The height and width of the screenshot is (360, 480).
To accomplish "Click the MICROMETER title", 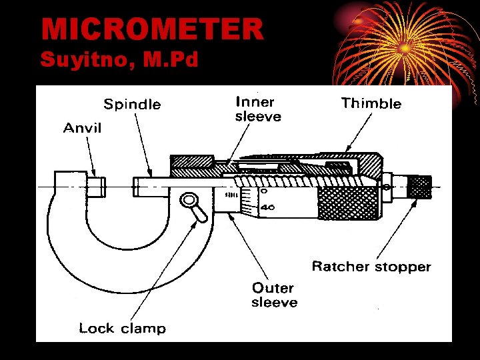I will [x=152, y=29].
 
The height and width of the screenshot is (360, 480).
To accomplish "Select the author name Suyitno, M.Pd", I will [x=119, y=61].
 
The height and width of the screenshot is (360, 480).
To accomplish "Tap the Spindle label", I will [x=132, y=104].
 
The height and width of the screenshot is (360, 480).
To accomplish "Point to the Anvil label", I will [x=82, y=127].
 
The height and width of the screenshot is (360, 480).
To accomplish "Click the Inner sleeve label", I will [x=257, y=109].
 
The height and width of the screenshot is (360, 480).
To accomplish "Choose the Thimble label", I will [x=371, y=103].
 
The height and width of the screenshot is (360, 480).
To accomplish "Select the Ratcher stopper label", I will [x=371, y=267].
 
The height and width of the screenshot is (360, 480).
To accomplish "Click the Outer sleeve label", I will [x=274, y=295].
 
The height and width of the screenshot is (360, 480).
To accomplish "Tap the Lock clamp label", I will [x=122, y=328].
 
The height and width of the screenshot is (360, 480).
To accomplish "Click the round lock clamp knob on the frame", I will [x=189, y=199].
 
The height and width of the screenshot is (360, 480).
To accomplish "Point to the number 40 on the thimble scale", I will [x=267, y=207].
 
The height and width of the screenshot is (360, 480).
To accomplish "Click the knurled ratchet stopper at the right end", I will [x=420, y=187].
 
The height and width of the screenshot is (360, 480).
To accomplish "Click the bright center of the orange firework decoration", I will [x=405, y=47].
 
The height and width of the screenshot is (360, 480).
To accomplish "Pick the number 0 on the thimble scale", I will [x=265, y=191].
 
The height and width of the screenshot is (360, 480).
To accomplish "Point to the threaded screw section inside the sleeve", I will [x=293, y=180].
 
